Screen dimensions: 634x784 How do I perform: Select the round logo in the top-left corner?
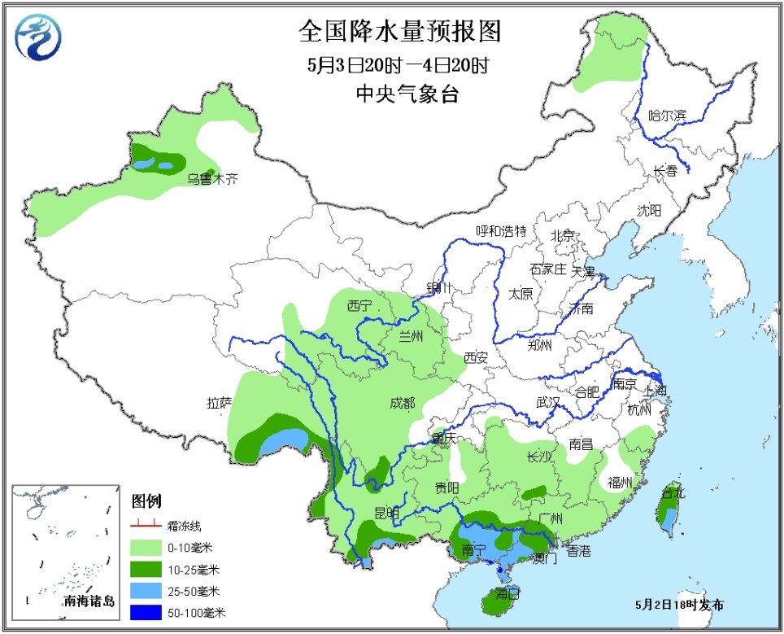click(38, 37)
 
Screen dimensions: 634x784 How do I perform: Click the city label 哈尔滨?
click(667, 116)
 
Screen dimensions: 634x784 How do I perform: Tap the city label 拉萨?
click(220, 402)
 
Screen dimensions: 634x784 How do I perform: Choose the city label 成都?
click(402, 403)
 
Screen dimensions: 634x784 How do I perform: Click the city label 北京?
click(563, 236)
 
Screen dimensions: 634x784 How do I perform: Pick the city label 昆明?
click(387, 512)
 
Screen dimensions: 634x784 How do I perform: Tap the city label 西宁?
click(359, 306)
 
